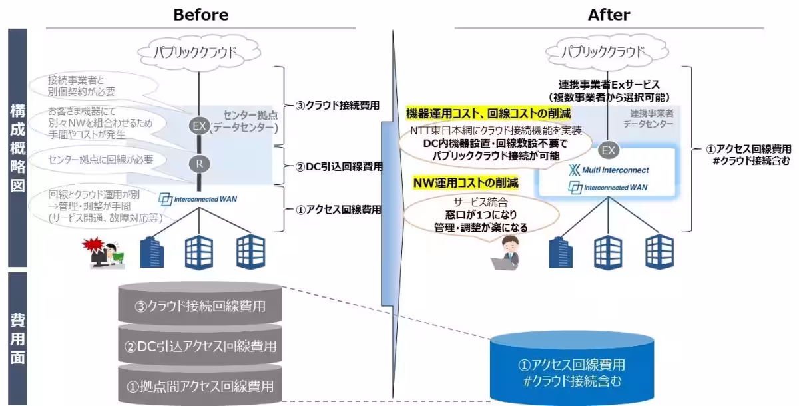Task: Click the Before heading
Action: (200, 14)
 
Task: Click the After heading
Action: (609, 14)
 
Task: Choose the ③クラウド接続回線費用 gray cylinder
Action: (198, 307)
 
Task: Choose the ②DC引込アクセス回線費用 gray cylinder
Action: (198, 346)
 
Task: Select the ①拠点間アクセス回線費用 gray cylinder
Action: (198, 385)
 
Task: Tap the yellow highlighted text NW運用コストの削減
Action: (465, 182)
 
